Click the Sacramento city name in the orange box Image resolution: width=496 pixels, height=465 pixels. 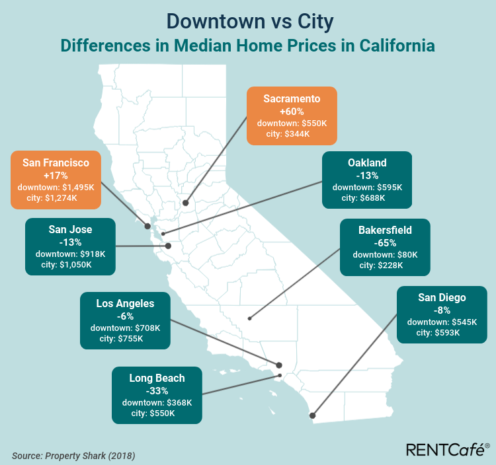[292, 99]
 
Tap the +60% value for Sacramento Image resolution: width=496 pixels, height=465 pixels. [292, 112]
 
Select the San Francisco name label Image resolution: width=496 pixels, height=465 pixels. [56, 162]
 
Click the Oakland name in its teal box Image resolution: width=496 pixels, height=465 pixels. [367, 162]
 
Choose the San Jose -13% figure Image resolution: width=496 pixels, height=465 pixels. [70, 242]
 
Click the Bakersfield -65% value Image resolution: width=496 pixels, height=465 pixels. [385, 242]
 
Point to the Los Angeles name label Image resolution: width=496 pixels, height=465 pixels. [125, 304]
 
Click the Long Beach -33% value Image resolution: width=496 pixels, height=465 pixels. [157, 390]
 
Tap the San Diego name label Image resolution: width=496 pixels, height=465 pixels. [442, 297]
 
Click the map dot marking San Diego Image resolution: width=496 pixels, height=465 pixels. [312, 415]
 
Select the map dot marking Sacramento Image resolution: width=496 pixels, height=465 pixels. [186, 203]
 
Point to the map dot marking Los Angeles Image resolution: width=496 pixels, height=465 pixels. [279, 365]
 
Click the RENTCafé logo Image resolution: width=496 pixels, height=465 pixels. [447, 450]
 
